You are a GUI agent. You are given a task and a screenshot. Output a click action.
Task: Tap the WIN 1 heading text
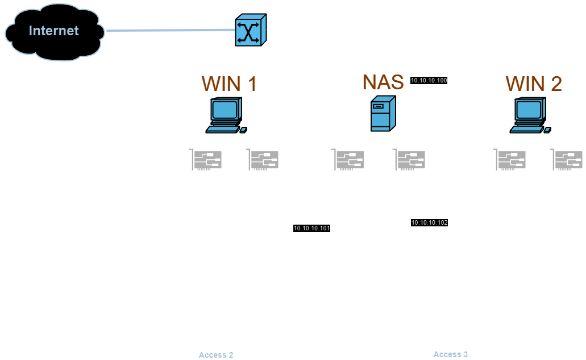pos(229,84)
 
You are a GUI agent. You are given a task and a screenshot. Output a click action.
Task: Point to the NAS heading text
pos(383,82)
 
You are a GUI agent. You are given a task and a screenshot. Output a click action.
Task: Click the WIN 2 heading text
pos(534,84)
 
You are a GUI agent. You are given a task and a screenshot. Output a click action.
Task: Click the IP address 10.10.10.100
pos(429,81)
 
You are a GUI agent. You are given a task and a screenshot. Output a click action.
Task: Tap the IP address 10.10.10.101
pos(311,228)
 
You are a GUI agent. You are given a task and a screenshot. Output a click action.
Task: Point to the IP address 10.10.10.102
pos(430,222)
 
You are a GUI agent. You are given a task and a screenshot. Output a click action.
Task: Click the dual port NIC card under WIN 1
pos(206,160)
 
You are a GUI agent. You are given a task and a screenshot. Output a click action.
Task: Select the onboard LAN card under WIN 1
pos(263,160)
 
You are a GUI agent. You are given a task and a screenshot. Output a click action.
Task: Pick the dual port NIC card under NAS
pos(348,160)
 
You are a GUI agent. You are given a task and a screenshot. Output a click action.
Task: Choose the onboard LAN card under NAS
pos(410,160)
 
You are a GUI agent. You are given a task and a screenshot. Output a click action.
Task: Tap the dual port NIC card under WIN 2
pos(510,160)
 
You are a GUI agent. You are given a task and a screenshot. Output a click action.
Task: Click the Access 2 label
pos(216,355)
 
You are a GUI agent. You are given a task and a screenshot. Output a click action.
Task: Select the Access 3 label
pos(451,354)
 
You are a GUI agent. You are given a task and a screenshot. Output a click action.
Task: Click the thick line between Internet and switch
pos(171,30)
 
